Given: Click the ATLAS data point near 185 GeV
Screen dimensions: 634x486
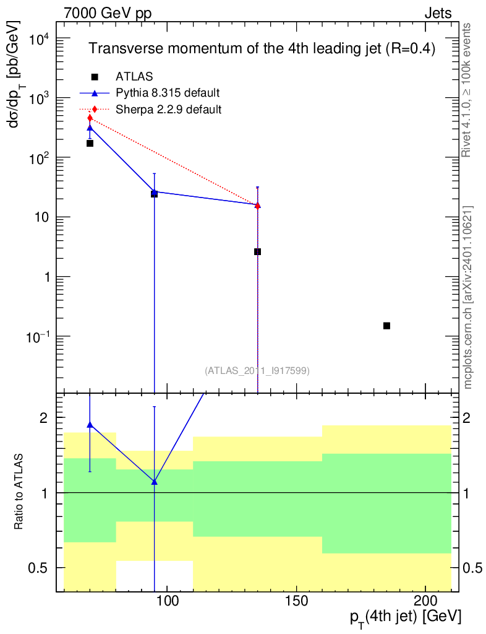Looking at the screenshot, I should coord(386,326).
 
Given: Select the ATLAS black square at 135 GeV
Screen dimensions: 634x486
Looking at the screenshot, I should coord(257,251).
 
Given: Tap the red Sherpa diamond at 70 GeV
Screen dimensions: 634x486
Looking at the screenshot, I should coord(90,118).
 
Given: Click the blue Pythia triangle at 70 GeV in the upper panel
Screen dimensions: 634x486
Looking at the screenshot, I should coord(90,128).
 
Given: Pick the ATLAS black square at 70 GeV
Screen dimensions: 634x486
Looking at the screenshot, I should coord(90,143).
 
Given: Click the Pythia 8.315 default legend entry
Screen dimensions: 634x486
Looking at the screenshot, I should coord(168,93).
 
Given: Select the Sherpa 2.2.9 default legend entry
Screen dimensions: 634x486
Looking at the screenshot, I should coord(169,109).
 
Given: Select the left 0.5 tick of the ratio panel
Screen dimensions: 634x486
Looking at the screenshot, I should coord(40,568).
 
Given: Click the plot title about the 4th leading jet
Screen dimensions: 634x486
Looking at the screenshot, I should coord(262,48).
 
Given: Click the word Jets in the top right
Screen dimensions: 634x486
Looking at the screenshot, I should coord(438,13).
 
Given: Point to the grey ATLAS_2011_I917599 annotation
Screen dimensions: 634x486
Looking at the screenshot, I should coord(257,370).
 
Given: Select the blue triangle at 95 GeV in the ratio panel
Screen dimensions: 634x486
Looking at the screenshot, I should coord(155,482).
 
